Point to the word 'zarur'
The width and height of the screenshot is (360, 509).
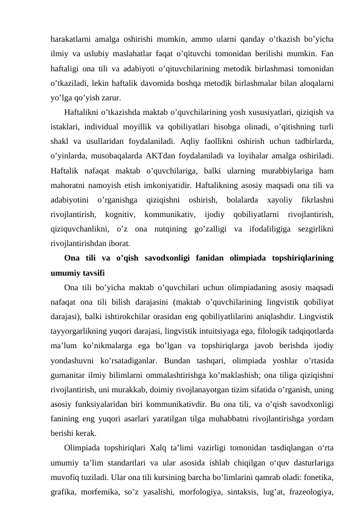(109, 96)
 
